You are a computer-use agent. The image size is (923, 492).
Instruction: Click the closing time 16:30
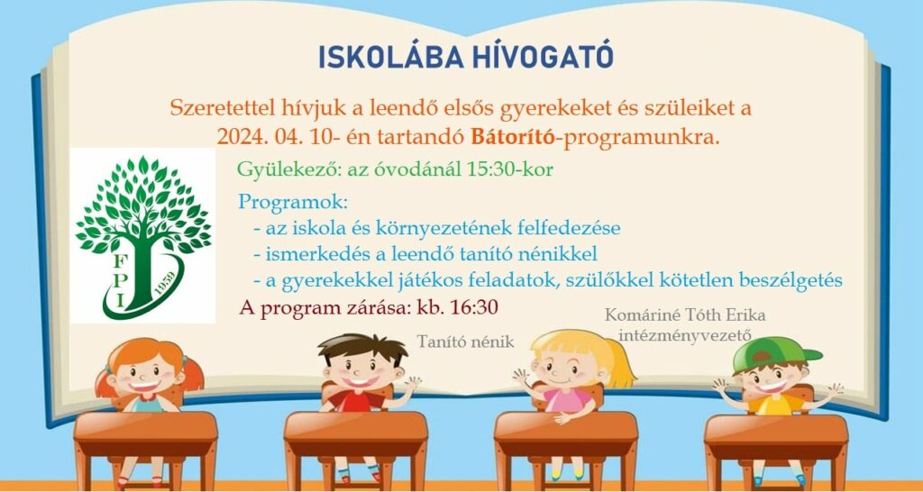(x=473, y=307)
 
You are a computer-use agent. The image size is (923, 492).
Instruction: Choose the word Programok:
(x=293, y=203)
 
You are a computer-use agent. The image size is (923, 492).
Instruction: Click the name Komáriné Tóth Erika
(x=685, y=316)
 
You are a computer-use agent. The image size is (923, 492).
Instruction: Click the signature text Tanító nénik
(x=466, y=342)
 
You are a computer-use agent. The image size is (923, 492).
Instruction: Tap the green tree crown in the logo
(x=143, y=203)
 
